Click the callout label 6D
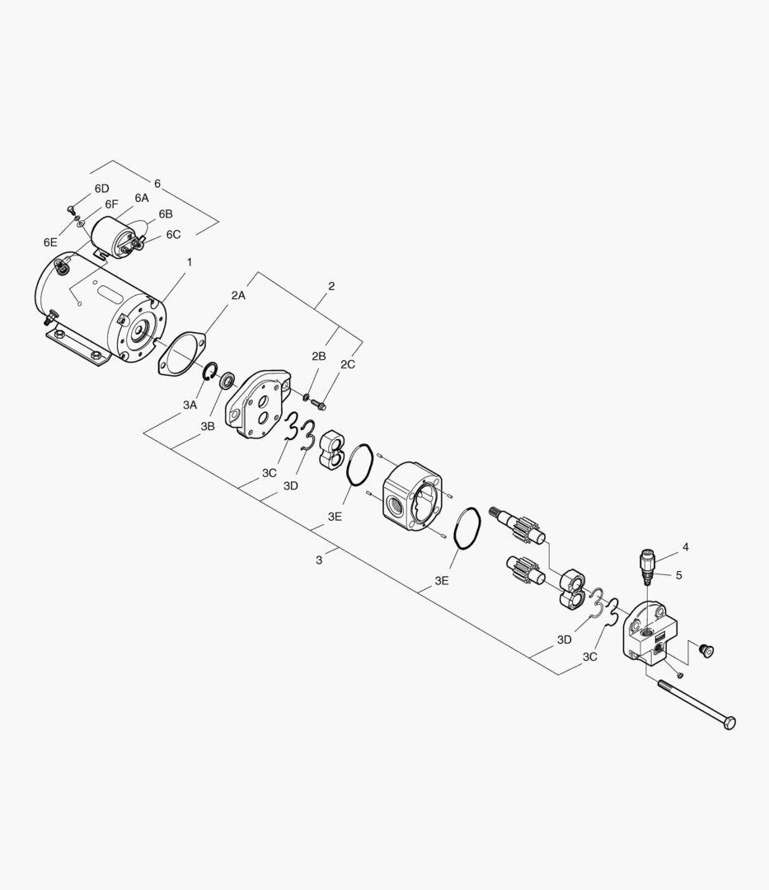click(x=101, y=189)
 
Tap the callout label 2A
click(x=238, y=295)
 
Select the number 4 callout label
click(x=686, y=547)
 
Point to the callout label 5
click(x=679, y=575)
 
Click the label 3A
click(x=190, y=405)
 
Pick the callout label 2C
click(x=348, y=364)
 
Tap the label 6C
click(x=173, y=234)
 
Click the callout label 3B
click(x=208, y=426)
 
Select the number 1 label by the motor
click(x=190, y=262)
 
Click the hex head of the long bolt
click(x=729, y=723)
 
